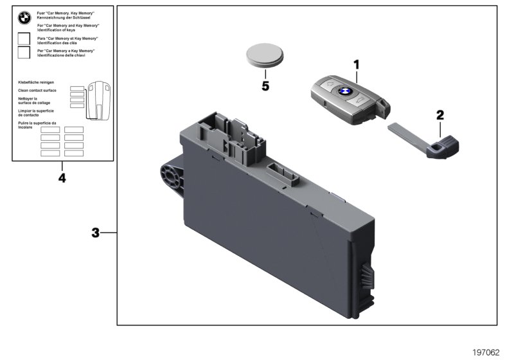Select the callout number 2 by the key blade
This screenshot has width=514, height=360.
pyautogui.click(x=440, y=115)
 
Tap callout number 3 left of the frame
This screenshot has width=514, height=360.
pyautogui.click(x=95, y=233)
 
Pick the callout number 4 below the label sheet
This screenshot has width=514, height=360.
pyautogui.click(x=62, y=177)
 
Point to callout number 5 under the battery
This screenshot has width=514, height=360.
pyautogui.click(x=265, y=85)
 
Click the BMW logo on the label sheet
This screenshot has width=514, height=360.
pyautogui.click(x=24, y=19)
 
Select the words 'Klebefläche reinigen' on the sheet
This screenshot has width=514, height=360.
pyautogui.click(x=36, y=83)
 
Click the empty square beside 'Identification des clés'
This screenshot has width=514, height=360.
pyautogui.click(x=24, y=40)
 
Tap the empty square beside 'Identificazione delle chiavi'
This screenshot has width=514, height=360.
pyautogui.click(x=24, y=53)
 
